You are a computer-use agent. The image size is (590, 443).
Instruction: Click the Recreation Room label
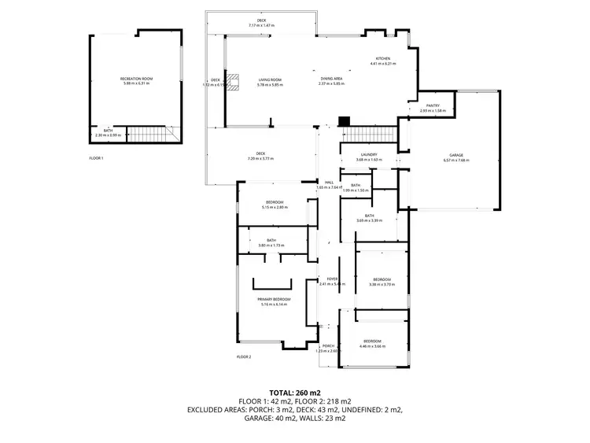pos(135,79)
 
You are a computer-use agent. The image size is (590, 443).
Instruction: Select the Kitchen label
pos(382,59)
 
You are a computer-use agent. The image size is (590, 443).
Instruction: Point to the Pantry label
pos(433,106)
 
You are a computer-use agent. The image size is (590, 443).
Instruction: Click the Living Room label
pos(270,79)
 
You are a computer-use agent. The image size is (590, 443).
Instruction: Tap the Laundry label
pos(369,155)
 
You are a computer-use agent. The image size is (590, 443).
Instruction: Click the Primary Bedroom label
pos(274,300)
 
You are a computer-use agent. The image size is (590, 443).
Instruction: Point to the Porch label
pos(326,346)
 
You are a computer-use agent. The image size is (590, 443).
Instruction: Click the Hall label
pos(319,183)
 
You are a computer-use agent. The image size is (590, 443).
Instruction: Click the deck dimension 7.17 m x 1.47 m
pos(261,25)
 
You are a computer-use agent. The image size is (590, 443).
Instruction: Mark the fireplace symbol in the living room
pos(234,83)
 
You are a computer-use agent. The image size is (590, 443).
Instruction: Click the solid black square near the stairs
pos(342,122)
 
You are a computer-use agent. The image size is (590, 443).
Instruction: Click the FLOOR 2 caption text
pos(244,356)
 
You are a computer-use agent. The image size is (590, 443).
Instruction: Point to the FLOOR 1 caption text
pos(97,158)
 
